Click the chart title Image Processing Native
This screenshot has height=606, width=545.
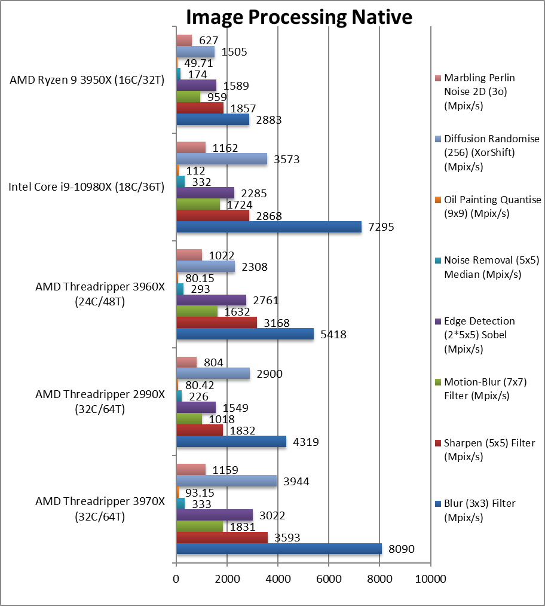pyautogui.click(x=298, y=16)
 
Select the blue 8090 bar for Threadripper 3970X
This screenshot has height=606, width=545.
pyautogui.click(x=278, y=549)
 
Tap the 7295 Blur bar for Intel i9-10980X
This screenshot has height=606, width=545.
pyautogui.click(x=268, y=227)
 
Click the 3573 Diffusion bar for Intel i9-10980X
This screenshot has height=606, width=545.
pyautogui.click(x=222, y=159)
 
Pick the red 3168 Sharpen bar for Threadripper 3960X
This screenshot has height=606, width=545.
pyautogui.click(x=216, y=323)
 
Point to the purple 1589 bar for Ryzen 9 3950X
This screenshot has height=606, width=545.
pyautogui.click(x=196, y=85)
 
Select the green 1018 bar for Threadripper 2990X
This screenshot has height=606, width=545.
pyautogui.click(x=189, y=419)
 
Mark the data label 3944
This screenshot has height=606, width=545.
pyautogui.click(x=296, y=482)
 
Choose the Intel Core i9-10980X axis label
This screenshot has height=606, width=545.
pyautogui.click(x=86, y=187)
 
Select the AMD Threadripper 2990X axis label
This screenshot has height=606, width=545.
pyautogui.click(x=99, y=402)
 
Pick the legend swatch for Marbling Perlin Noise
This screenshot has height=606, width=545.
pyautogui.click(x=437, y=78)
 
